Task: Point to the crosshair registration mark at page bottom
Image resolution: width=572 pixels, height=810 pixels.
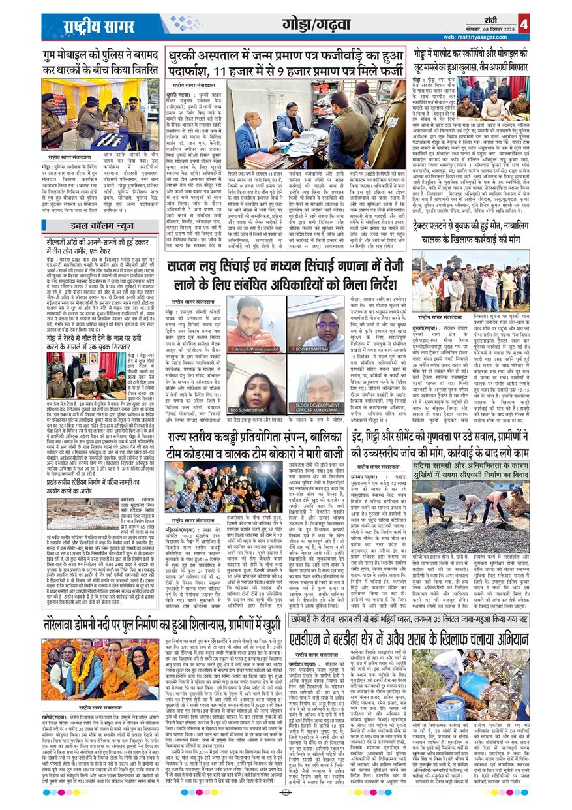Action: pyautogui.click(x=286, y=792)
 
